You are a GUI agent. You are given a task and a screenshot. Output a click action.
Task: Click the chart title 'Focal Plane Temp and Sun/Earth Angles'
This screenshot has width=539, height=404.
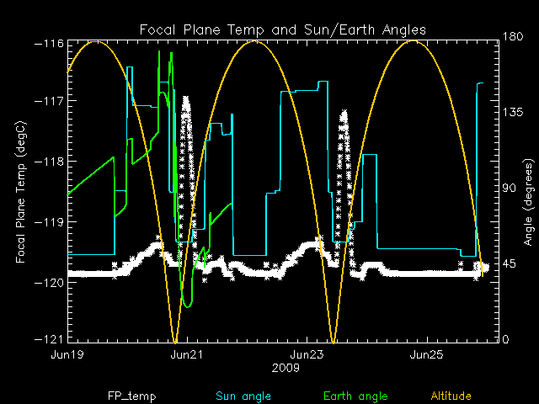pyautogui.click(x=282, y=29)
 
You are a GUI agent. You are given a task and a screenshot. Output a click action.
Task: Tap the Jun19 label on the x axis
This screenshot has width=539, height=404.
pyautogui.click(x=67, y=355)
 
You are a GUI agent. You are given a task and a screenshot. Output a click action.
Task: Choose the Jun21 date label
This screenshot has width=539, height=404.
pyautogui.click(x=186, y=355)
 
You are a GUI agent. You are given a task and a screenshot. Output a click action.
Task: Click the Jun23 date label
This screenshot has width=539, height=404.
pyautogui.click(x=306, y=355)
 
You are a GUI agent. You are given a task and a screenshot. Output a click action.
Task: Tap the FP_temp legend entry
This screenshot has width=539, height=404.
pyautogui.click(x=131, y=396)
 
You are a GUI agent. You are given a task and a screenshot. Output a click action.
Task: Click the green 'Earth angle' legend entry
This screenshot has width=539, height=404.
pyautogui.click(x=355, y=396)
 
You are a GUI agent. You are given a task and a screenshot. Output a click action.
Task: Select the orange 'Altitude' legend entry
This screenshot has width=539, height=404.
pyautogui.click(x=451, y=396)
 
